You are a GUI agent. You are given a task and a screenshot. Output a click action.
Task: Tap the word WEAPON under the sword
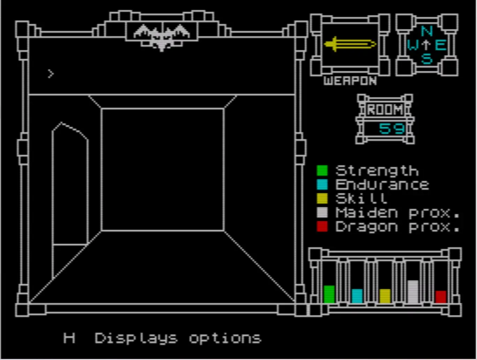pos(350,81)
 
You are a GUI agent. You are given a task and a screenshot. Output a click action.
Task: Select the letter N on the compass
pos(426,31)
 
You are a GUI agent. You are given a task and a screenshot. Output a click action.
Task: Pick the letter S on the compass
pos(426,59)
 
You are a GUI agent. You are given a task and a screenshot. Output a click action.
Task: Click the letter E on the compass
pos(440,45)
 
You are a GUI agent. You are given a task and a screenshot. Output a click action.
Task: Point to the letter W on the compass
pos(413,45)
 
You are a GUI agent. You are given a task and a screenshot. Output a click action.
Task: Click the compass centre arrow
pos(426,45)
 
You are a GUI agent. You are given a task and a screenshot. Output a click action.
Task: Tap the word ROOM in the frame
pos(385,110)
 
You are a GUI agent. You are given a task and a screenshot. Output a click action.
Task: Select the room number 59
pos(392,129)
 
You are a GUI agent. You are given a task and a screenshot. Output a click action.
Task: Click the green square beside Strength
pos(322,171)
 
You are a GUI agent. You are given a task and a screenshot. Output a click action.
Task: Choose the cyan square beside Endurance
pos(322,185)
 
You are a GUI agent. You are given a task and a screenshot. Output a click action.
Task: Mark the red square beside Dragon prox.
pos(322,227)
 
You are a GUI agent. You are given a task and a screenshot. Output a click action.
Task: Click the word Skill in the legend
pos(361,198)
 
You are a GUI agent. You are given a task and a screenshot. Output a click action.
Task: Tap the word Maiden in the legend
pos(367,212)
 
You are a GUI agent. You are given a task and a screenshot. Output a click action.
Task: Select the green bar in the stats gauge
pos(329,294)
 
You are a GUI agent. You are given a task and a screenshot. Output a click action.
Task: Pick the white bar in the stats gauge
pos(413,292)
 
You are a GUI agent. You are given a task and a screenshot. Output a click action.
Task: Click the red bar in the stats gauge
pos(441,297)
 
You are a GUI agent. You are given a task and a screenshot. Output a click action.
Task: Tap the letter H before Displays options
pos(69,338)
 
